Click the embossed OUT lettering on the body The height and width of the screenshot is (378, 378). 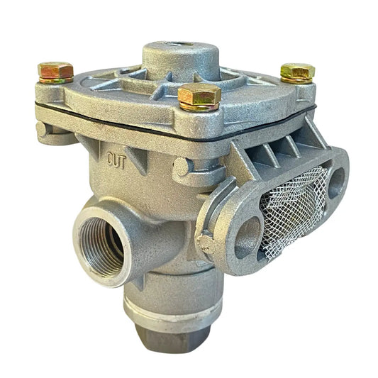click(x=116, y=160)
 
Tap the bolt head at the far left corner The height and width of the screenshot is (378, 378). click(x=56, y=70)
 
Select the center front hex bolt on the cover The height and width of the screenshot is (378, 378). click(x=199, y=94)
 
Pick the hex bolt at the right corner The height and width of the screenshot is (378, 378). click(x=298, y=70)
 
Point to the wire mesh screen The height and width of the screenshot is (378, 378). click(x=294, y=212)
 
